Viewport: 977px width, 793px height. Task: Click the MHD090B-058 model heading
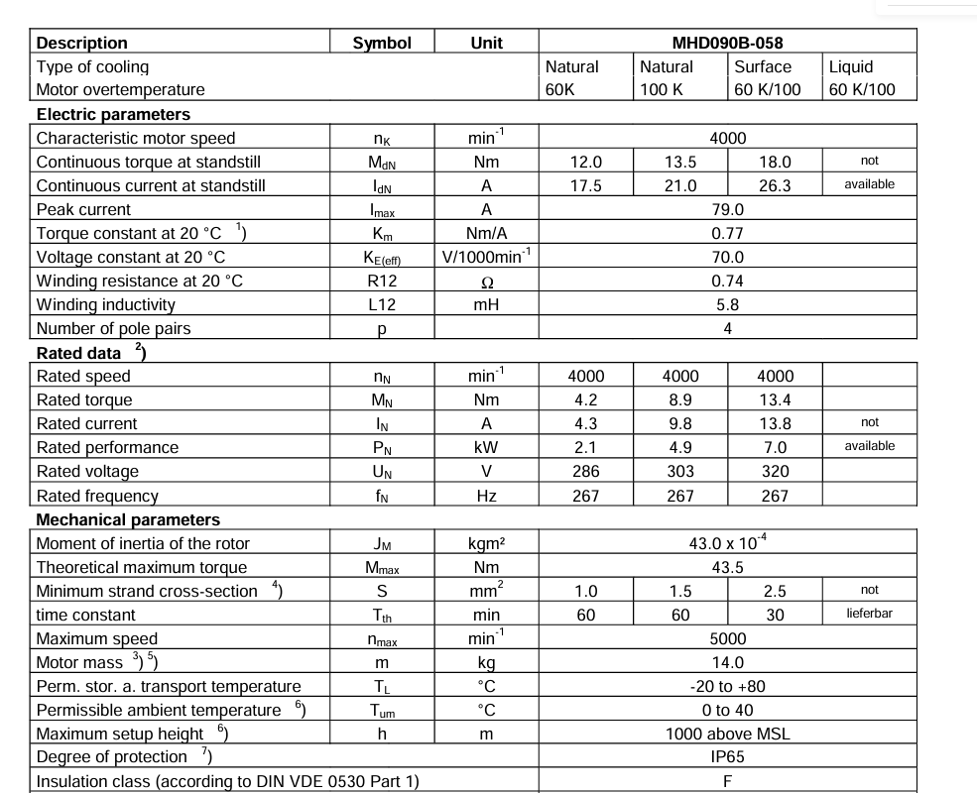pos(727,43)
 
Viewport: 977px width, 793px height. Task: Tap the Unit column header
pos(486,43)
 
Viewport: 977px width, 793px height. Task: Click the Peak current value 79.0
pos(727,209)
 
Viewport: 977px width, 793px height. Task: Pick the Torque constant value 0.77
pos(727,233)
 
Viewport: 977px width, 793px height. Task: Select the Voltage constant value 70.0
pos(727,257)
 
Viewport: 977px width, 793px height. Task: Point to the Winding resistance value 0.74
pos(727,281)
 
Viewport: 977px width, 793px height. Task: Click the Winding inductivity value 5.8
pos(727,304)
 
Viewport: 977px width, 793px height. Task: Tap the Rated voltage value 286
pos(585,471)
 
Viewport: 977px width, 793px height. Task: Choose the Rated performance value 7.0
pos(775,447)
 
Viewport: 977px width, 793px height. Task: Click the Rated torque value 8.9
pos(680,399)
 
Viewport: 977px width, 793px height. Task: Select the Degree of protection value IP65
pos(727,757)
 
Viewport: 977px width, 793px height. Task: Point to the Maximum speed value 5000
pos(727,638)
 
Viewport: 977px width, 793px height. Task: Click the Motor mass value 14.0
pos(727,662)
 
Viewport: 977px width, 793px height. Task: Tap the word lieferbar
pos(869,614)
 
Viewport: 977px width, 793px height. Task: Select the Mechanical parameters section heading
pos(128,519)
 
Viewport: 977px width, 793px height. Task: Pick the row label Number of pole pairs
pos(113,328)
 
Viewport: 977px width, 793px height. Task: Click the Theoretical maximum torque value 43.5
pos(727,567)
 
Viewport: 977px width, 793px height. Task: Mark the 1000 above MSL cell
pos(727,734)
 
